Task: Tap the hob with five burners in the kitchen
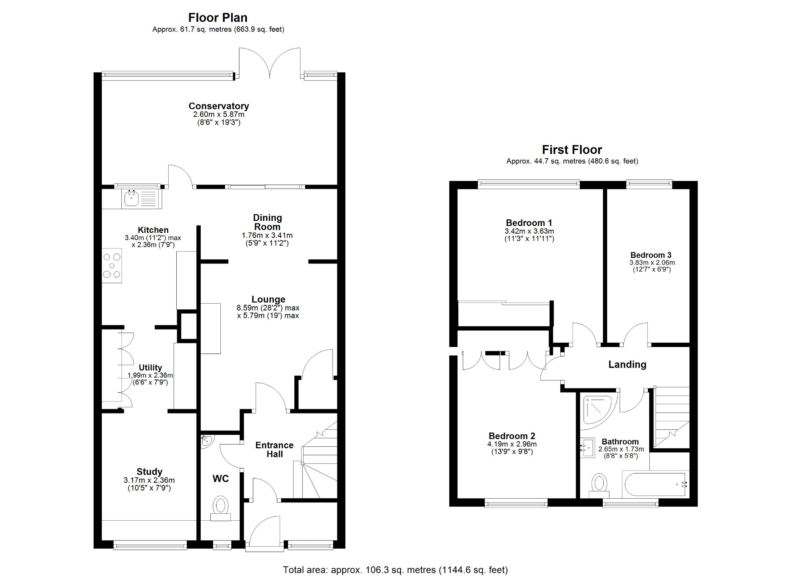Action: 112,265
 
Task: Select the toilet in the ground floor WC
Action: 221,507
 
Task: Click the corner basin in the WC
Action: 207,441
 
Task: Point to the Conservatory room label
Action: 218,106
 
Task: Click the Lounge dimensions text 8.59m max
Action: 268,308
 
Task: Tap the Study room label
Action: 149,472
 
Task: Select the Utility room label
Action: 150,367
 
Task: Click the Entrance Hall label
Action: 274,450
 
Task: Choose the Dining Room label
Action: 267,222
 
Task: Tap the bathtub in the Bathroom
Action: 654,484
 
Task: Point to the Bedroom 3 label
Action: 651,255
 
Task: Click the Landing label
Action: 627,364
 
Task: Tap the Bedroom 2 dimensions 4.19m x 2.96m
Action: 512,444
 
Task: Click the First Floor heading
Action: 572,150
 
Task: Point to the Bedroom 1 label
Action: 529,223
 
